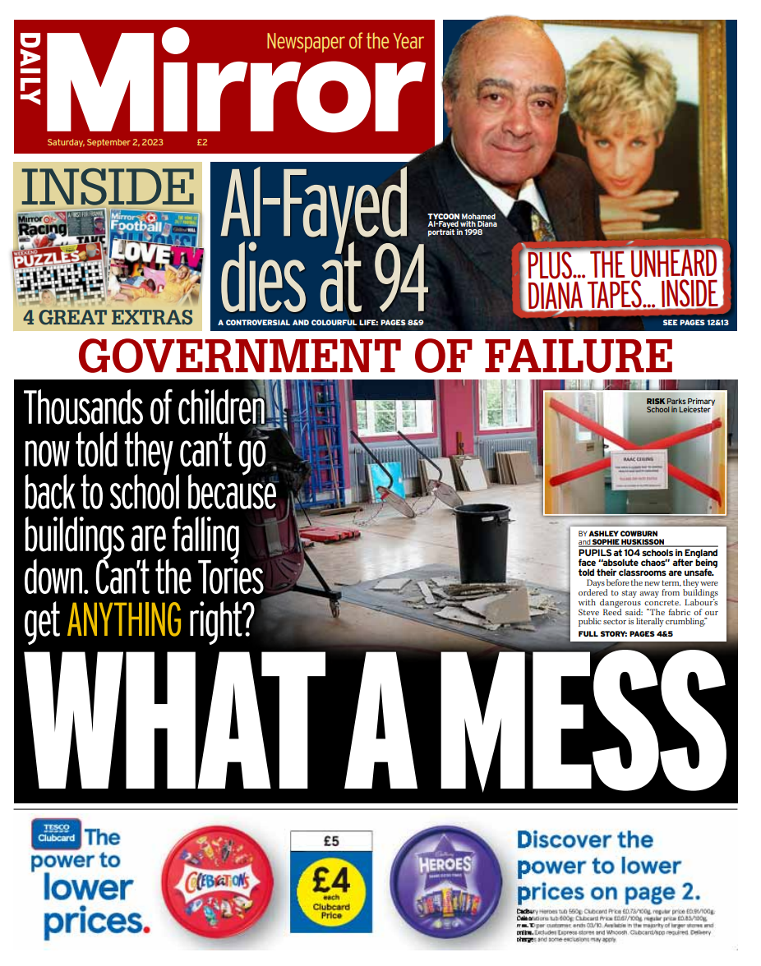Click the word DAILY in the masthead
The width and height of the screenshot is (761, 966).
pyautogui.click(x=30, y=70)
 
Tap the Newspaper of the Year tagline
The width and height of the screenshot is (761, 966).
pyautogui.click(x=344, y=41)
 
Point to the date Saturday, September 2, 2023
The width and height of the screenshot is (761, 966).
pyautogui.click(x=105, y=142)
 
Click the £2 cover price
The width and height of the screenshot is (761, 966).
pyautogui.click(x=202, y=142)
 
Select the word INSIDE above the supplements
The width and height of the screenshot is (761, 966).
pyautogui.click(x=108, y=186)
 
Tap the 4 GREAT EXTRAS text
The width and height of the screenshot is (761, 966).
pyautogui.click(x=107, y=316)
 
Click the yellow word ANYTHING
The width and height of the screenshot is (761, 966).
pyautogui.click(x=124, y=620)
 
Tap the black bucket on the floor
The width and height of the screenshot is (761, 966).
pyautogui.click(x=482, y=540)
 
